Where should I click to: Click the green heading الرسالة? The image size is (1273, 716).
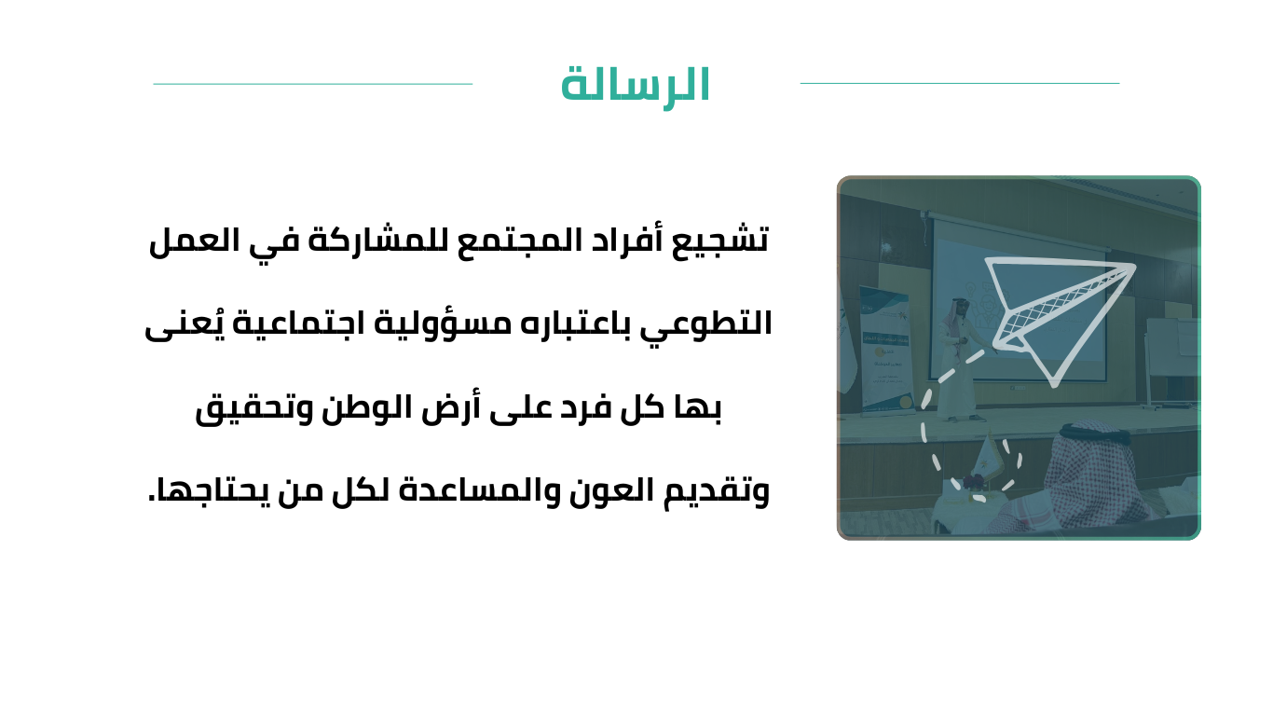(636, 86)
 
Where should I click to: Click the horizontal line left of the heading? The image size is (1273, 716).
(312, 84)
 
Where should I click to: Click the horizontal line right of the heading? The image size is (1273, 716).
(960, 84)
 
